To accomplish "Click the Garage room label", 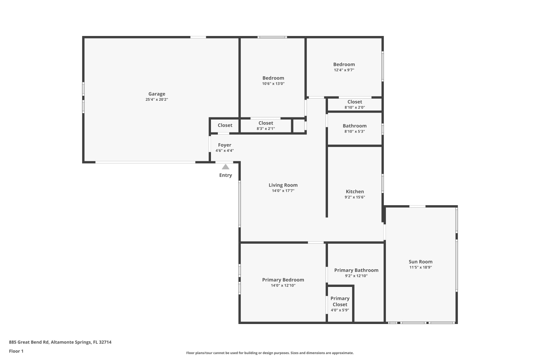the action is coord(157,94).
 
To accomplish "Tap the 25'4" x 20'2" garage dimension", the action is coord(157,99).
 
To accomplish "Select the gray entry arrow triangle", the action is coord(225,167).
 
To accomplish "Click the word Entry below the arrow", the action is coord(225,175).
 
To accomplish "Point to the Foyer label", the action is coord(225,145).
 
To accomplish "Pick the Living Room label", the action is coord(283,185).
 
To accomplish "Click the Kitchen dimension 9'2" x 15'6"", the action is coord(355,197).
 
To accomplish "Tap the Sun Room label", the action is coord(420,262).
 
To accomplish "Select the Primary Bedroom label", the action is coord(283,280).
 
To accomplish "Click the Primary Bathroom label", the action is coord(356,270).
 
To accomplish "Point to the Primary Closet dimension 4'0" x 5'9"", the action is coord(340,310).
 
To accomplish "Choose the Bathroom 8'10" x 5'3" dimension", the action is coord(355,131).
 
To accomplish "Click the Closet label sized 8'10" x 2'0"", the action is coord(355,102).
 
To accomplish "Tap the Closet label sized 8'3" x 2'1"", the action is coord(266,123).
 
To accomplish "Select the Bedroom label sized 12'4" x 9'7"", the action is coord(344,64).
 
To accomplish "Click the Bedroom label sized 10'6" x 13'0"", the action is coord(273,78).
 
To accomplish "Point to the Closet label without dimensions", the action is coord(225,125).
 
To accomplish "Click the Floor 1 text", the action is coord(16,351).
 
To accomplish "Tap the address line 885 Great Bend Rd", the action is coord(60,342).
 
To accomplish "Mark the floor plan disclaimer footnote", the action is coord(270,353).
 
